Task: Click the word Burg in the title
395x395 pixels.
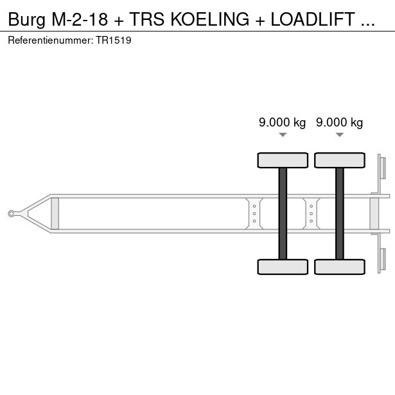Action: [x=27, y=20]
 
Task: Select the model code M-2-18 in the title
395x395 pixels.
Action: [x=80, y=19]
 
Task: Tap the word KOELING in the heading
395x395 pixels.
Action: [x=210, y=19]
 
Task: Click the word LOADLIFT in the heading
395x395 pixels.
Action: [x=313, y=19]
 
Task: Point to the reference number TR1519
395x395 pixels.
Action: [x=114, y=40]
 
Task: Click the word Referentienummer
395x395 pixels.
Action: [x=50, y=40]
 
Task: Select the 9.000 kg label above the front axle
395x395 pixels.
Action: [x=282, y=123]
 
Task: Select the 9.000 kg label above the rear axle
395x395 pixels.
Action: [x=339, y=123]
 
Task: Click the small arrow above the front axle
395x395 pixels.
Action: [x=283, y=135]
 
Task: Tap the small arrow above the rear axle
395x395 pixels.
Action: [x=340, y=135]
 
